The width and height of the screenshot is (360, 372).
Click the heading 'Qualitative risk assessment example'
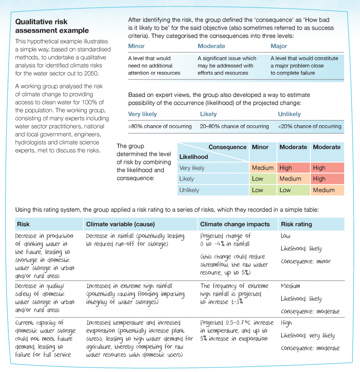pyautogui.click(x=52, y=26)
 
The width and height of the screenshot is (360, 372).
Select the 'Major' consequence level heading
pyautogui.click(x=279, y=46)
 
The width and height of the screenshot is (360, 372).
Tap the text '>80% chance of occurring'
pyautogui.click(x=160, y=126)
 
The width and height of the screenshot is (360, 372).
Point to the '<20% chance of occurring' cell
pyautogui.click(x=310, y=126)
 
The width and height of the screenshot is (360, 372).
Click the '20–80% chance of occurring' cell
pyautogui.click(x=234, y=126)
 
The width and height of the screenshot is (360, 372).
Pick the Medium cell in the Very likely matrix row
pyautogui.click(x=263, y=168)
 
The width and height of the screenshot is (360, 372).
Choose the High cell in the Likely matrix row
pyautogui.click(x=319, y=179)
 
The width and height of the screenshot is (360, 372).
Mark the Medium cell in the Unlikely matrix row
pyautogui.click(x=324, y=190)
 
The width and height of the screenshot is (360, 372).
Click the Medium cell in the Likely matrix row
pyautogui.click(x=290, y=179)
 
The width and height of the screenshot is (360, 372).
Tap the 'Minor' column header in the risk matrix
pyautogui.click(x=260, y=147)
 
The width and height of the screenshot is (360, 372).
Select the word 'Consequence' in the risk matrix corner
pyautogui.click(x=227, y=147)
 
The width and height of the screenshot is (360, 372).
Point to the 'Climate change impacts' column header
pyautogui.click(x=235, y=224)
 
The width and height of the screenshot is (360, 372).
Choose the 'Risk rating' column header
pyautogui.click(x=296, y=224)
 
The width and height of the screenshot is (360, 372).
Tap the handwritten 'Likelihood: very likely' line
pyautogui.click(x=307, y=336)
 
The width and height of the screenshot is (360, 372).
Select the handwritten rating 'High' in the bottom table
pyautogui.click(x=286, y=323)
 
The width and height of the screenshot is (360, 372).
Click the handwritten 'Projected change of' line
pyautogui.click(x=225, y=236)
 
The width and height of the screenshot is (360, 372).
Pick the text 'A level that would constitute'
pyautogui.click(x=304, y=58)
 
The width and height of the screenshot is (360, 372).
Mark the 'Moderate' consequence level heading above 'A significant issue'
pyautogui.click(x=211, y=46)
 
